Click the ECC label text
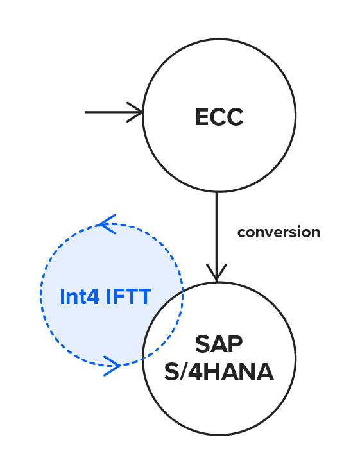pos(219,117)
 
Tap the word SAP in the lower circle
pos(219,344)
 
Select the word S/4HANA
pos(219,371)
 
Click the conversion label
pos(279,232)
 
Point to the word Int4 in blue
pos(80,296)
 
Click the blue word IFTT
pos(128,296)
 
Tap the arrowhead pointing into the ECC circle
pos(135,112)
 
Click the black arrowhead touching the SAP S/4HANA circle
pos(216,273)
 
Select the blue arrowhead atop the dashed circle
pos(108,224)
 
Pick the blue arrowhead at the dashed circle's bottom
pos(112,366)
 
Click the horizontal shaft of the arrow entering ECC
pos(114,112)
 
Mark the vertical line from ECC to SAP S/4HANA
pos(216,237)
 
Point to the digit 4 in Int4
pos(93,296)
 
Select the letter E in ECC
pos(201,117)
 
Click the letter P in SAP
pos(236,344)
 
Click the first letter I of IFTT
pos(108,296)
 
